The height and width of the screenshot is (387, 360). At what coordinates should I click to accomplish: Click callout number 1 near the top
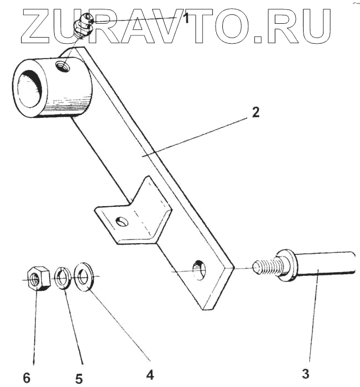tap(186, 19)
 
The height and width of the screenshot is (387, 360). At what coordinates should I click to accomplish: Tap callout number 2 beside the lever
tap(255, 112)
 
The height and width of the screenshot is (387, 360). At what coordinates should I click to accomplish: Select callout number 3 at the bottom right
tap(306, 374)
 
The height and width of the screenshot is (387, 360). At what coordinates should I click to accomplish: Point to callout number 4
tap(149, 374)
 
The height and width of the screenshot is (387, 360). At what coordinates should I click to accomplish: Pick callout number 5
tap(79, 378)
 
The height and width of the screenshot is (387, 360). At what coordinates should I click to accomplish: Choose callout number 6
tap(26, 378)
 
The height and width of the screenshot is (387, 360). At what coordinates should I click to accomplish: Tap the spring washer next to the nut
tap(62, 277)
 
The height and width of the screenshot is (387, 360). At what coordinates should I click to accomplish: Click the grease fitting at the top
tap(82, 26)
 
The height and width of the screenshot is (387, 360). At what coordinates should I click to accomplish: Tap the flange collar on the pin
tap(285, 264)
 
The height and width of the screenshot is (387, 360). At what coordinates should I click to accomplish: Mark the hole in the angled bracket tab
tap(122, 223)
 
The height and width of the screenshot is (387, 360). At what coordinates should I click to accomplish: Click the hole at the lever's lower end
tap(199, 270)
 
